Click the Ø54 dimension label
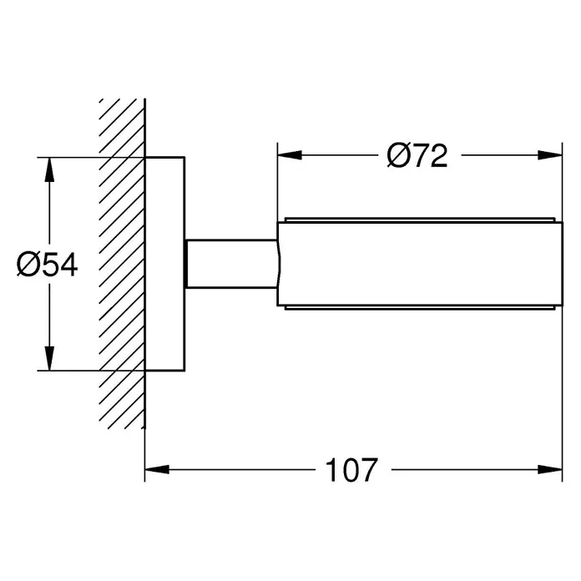48,265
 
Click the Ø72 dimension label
417,155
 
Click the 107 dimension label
351,469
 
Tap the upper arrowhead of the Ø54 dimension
49,169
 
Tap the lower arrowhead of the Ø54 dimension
49,358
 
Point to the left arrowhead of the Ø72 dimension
290,155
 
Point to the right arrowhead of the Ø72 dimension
550,155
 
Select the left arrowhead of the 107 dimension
157,469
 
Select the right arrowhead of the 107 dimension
550,469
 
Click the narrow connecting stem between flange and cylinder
231,264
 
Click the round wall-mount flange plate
165,264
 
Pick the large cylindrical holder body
420,264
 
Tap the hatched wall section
122,264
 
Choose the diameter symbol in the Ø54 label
28,265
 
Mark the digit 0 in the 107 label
351,470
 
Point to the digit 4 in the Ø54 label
69,265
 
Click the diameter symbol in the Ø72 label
397,155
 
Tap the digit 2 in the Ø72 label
438,155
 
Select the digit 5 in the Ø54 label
49,265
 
